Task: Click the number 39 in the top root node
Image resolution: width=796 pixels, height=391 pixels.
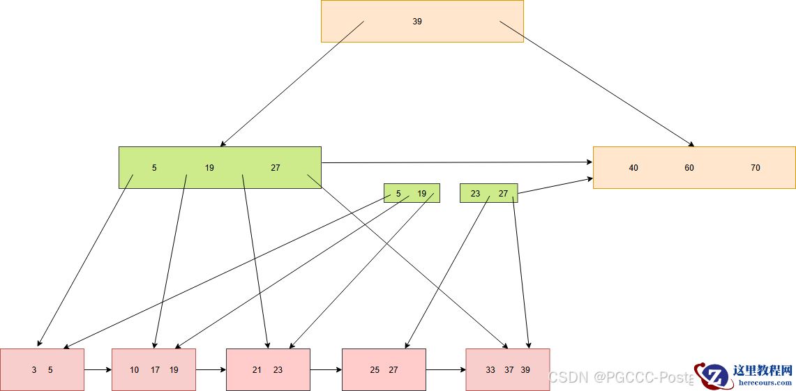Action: [x=417, y=22]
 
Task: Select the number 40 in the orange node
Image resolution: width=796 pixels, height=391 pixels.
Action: [x=633, y=168]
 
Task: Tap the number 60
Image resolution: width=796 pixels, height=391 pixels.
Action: [x=689, y=168]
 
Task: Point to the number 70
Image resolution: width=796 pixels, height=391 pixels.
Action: [x=756, y=168]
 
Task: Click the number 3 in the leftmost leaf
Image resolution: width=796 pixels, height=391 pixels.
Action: [x=33, y=370]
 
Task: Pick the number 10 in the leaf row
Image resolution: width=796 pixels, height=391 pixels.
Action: [x=134, y=370]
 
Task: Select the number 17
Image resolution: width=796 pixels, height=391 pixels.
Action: [x=155, y=370]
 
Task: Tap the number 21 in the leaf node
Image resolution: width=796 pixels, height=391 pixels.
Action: [x=257, y=370]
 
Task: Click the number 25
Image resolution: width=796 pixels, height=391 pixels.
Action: [x=375, y=370]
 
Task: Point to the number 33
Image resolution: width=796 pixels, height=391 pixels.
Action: [x=490, y=370]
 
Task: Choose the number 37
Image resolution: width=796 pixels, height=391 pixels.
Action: [x=509, y=370]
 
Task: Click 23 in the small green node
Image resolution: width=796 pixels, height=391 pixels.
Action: [x=475, y=194]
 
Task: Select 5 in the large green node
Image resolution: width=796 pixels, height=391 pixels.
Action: [x=154, y=168]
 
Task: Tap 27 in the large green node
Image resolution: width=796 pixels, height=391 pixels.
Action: [x=276, y=168]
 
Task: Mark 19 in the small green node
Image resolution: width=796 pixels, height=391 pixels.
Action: [x=421, y=194]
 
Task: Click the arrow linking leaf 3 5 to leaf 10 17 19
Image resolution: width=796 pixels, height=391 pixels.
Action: [x=98, y=369]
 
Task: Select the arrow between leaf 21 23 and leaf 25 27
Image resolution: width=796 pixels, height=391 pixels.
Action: [x=326, y=369]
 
